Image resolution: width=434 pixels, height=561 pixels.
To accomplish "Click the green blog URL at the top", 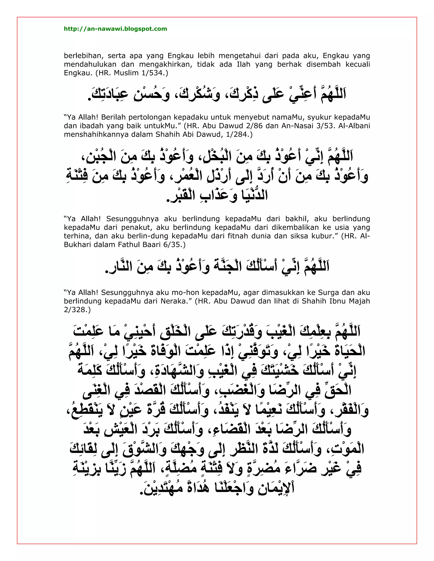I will point(115,29).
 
